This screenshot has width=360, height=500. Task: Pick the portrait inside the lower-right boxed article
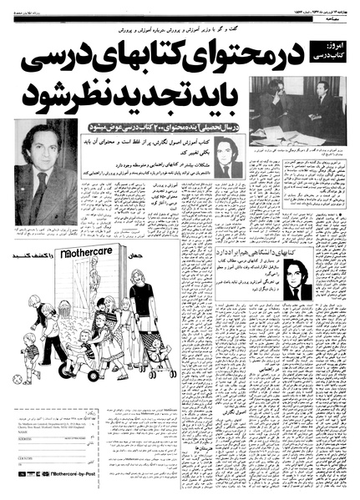point(295,278)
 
